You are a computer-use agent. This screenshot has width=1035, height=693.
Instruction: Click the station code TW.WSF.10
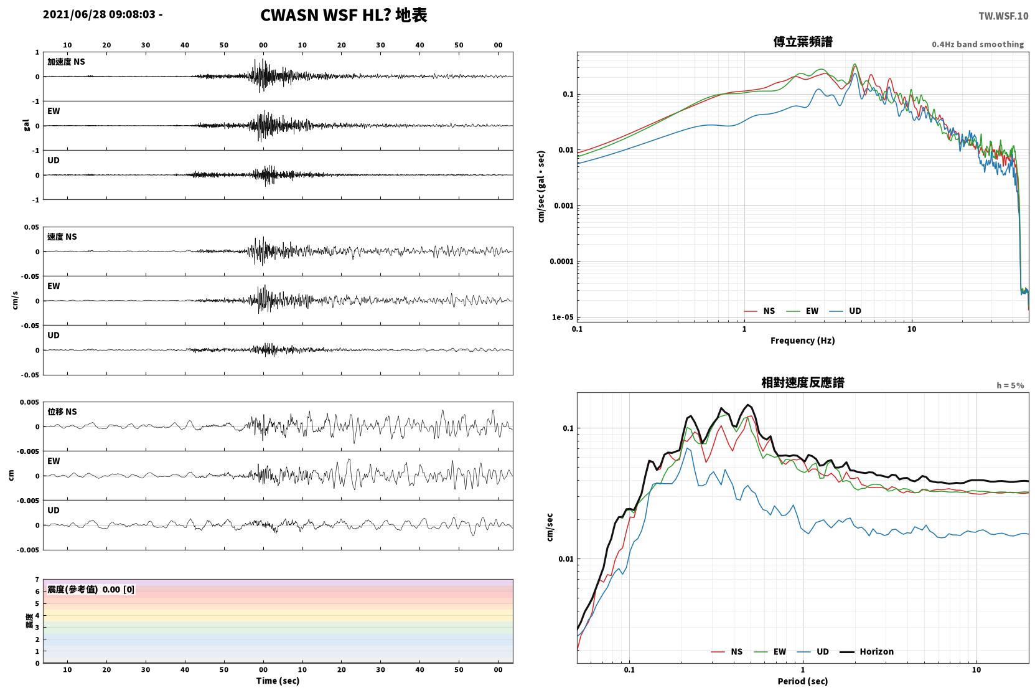(x=1003, y=16)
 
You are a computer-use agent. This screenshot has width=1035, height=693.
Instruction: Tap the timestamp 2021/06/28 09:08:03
(x=99, y=14)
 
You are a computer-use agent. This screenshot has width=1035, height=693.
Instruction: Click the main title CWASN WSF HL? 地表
(x=344, y=15)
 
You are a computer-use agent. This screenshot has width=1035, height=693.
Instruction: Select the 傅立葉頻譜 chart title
(x=803, y=42)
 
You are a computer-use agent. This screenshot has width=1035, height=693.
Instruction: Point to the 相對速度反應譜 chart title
(x=803, y=382)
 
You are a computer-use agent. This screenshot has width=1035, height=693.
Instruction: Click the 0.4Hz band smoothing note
(x=978, y=44)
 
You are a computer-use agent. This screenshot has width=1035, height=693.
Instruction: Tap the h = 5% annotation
(x=1010, y=385)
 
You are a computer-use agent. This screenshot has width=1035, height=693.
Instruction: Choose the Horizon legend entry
(x=867, y=651)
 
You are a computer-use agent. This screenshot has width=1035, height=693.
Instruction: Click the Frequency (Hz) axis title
(x=803, y=341)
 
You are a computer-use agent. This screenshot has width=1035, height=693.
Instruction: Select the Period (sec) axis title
(x=803, y=681)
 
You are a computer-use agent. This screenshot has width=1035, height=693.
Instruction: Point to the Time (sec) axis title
(x=278, y=681)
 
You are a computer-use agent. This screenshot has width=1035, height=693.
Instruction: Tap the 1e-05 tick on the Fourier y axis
(x=563, y=317)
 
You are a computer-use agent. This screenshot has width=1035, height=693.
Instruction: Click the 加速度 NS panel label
(x=66, y=62)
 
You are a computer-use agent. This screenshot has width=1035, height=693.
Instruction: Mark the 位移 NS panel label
(x=62, y=412)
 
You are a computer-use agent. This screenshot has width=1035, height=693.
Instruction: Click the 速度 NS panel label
(x=62, y=237)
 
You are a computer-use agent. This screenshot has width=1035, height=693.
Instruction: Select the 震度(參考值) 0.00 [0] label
(x=91, y=590)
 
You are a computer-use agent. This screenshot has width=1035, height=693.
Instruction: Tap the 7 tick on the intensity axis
(x=37, y=580)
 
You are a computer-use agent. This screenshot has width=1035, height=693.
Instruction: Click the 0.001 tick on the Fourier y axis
(x=564, y=205)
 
